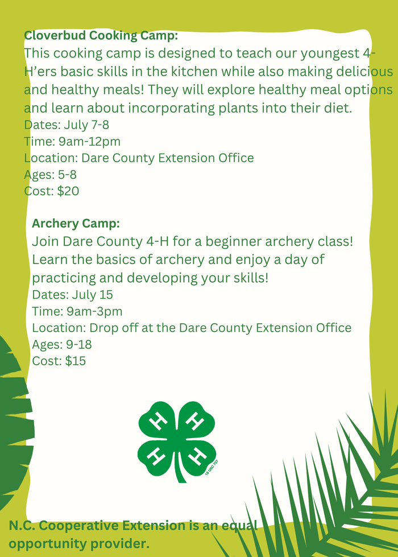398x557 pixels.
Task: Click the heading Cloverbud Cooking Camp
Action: [101, 35]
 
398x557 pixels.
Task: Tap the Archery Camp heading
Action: [76, 223]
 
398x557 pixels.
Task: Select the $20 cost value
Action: [68, 191]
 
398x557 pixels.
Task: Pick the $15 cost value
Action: [75, 361]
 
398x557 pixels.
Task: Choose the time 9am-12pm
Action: [89, 141]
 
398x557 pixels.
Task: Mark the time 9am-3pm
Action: [93, 311]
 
